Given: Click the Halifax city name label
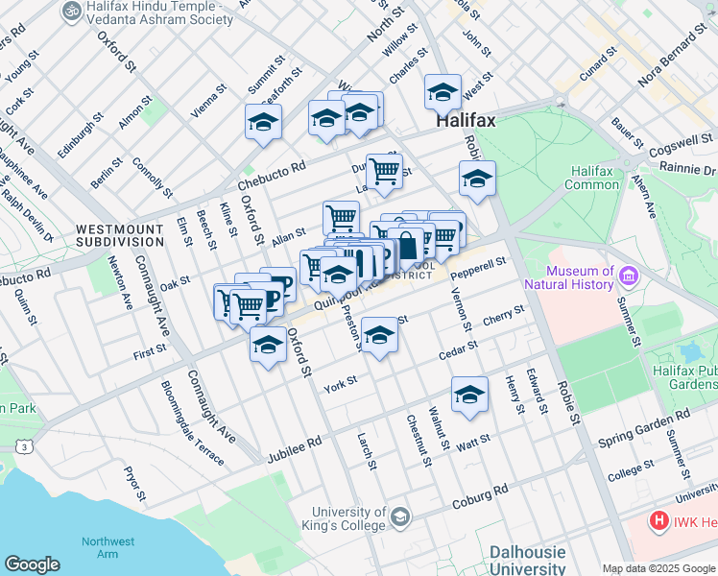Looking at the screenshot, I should pyautogui.click(x=466, y=122).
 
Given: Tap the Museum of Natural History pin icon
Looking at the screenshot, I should pyautogui.click(x=630, y=276).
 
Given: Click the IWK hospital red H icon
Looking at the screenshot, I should pyautogui.click(x=659, y=521).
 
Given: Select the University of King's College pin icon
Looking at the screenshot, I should pyautogui.click(x=399, y=518).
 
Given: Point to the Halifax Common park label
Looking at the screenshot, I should pyautogui.click(x=591, y=178).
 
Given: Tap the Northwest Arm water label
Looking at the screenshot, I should pyautogui.click(x=108, y=547).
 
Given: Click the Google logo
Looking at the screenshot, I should pyautogui.click(x=33, y=564).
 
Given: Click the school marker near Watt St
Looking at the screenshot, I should pyautogui.click(x=469, y=395).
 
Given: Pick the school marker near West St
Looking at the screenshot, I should pyautogui.click(x=443, y=92).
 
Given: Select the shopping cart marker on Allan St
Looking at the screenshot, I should pyautogui.click(x=341, y=217).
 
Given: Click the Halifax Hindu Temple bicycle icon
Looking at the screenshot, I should pyautogui.click(x=70, y=11).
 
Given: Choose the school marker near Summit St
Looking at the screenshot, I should pyautogui.click(x=263, y=122).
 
